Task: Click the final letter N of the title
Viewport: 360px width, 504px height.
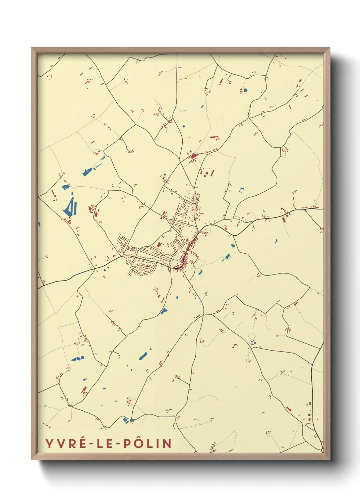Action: point(167,443)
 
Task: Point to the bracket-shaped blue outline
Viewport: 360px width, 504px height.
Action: point(242,190)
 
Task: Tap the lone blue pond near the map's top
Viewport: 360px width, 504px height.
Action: point(245,91)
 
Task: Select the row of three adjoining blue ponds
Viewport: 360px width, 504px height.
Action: point(78,358)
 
